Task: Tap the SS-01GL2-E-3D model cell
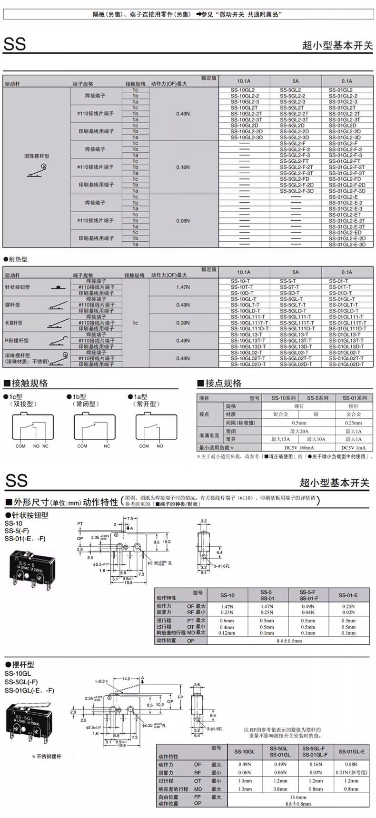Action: pos(347,245)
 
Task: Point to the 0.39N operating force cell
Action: pos(183,323)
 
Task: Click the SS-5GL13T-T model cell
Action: pos(296,341)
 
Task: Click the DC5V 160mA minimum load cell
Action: pos(299,448)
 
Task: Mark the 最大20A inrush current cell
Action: pos(299,431)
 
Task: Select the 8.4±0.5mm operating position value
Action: pos(289,641)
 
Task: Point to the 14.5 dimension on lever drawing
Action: pos(126,679)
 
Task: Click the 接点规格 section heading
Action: pos(223,384)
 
